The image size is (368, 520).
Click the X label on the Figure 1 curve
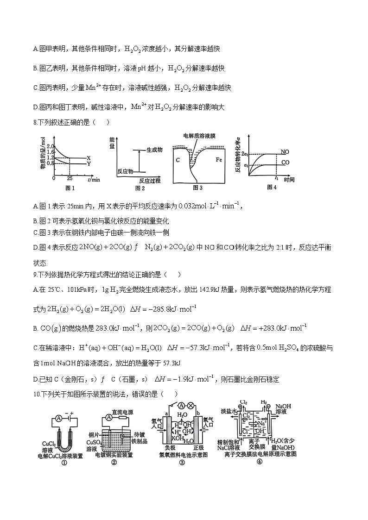pyautogui.click(x=89, y=158)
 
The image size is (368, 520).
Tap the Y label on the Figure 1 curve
pyautogui.click(x=89, y=163)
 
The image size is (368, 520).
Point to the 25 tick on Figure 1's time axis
pyautogui.click(x=70, y=178)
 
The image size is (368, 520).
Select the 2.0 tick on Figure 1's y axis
pyautogui.click(x=51, y=146)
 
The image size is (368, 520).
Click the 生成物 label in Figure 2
pyautogui.click(x=154, y=150)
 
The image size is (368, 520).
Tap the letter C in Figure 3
pyautogui.click(x=178, y=160)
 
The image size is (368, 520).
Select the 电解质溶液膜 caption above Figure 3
pyautogui.click(x=200, y=136)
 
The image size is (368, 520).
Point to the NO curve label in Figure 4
pyautogui.click(x=286, y=151)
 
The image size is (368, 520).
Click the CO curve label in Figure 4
pyautogui.click(x=286, y=163)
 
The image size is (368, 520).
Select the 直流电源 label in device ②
pyautogui.click(x=123, y=411)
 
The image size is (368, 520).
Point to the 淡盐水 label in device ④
pyautogui.click(x=228, y=411)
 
